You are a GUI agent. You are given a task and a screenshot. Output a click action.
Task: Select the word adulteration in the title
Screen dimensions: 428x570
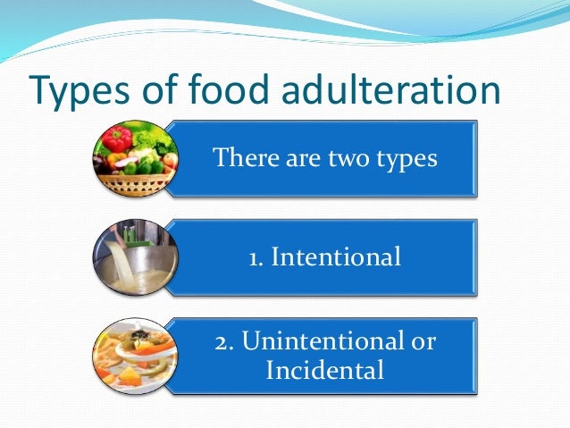click(x=397, y=90)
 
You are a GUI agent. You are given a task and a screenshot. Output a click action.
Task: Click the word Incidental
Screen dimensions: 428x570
click(x=325, y=369)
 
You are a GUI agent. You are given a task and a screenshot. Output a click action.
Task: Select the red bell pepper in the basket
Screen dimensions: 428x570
click(x=116, y=139)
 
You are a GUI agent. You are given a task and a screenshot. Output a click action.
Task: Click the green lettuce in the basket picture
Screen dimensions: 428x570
click(x=152, y=138)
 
